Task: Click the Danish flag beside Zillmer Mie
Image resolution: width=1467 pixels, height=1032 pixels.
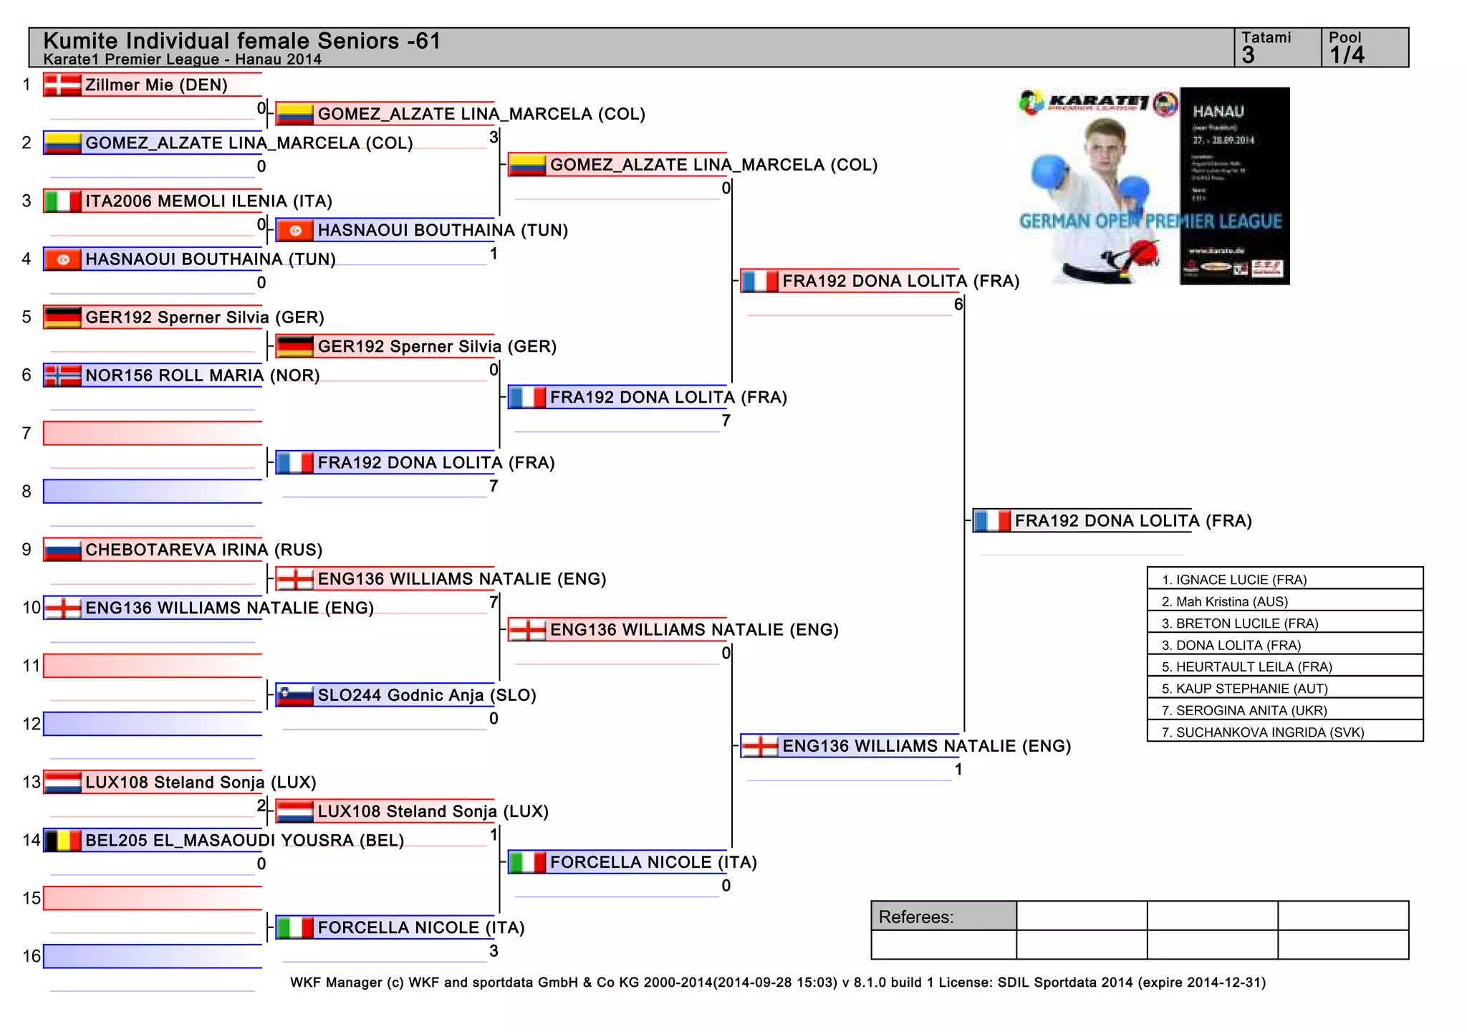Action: point(62,85)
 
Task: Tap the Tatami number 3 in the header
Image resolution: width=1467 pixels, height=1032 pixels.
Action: point(1249,55)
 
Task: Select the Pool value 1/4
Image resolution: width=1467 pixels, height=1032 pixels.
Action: point(1347,55)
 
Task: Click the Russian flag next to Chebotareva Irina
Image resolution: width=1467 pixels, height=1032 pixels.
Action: point(62,550)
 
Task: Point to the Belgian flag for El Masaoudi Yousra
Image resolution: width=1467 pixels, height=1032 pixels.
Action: point(62,840)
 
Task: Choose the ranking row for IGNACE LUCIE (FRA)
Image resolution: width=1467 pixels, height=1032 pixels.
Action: point(1284,579)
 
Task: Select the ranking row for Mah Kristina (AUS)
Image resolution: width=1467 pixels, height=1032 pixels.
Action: point(1284,601)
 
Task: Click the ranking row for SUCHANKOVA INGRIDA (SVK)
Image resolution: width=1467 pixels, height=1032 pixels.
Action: point(1284,732)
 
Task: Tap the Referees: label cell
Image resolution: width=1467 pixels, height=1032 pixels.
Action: point(943,917)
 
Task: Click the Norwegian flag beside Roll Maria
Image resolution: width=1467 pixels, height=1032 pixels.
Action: point(62,376)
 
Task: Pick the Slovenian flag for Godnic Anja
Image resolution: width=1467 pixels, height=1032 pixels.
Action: point(294,695)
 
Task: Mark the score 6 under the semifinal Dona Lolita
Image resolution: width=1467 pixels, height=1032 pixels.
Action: point(958,305)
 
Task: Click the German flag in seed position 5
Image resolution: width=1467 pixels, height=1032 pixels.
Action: point(62,317)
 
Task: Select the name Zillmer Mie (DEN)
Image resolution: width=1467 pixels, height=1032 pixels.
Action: point(156,85)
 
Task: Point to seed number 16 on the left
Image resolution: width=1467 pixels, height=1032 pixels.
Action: point(32,956)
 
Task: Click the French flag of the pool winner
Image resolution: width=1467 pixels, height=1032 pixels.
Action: point(992,521)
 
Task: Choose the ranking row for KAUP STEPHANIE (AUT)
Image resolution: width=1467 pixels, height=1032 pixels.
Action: point(1284,688)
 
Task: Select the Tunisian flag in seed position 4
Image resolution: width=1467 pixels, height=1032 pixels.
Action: point(62,259)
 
